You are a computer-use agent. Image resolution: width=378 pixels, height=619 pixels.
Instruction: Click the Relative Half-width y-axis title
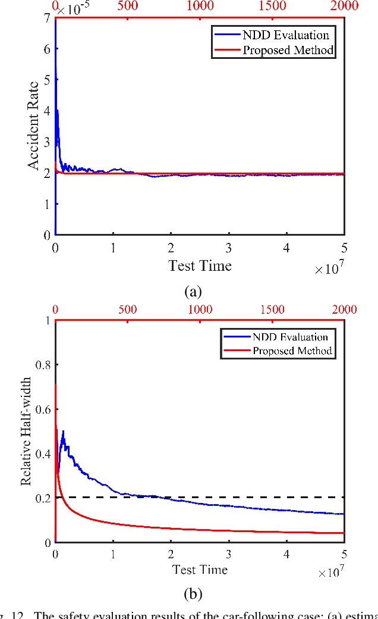pyautogui.click(x=26, y=431)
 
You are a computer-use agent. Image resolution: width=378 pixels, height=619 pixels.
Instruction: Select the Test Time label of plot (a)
pyautogui.click(x=200, y=265)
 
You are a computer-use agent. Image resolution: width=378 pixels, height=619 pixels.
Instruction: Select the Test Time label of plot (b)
pyautogui.click(x=200, y=570)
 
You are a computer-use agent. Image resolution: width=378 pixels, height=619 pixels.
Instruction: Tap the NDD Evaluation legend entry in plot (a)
pyautogui.click(x=285, y=35)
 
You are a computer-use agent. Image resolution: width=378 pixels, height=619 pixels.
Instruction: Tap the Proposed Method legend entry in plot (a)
pyautogui.click(x=288, y=50)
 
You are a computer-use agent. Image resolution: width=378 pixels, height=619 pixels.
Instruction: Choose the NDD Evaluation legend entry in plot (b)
pyautogui.click(x=290, y=337)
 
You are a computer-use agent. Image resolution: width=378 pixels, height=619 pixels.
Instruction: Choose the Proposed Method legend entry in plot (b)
pyautogui.click(x=292, y=351)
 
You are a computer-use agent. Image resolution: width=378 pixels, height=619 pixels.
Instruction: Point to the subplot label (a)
pyautogui.click(x=194, y=292)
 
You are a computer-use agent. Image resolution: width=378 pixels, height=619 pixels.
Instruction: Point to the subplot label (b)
pyautogui.click(x=194, y=594)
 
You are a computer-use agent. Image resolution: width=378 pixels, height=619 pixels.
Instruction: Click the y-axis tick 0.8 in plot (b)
pyautogui.click(x=42, y=365)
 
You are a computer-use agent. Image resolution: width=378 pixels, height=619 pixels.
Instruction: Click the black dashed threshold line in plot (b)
pyautogui.click(x=238, y=497)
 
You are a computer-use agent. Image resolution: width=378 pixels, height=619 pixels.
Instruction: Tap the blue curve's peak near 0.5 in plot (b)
pyautogui.click(x=62, y=432)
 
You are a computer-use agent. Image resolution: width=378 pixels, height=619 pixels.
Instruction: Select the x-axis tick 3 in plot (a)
pyautogui.click(x=229, y=248)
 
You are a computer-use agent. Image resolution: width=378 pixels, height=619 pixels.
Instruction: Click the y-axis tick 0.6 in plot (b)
pyautogui.click(x=42, y=409)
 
